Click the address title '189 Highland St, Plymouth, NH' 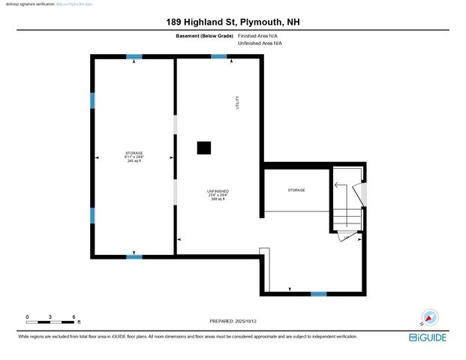[233, 22]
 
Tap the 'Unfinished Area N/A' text [260, 43]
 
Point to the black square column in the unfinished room [204, 148]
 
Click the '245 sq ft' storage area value [134, 161]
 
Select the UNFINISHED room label [218, 191]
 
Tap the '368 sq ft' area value [218, 199]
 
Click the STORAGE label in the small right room [296, 190]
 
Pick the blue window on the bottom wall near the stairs [319, 293]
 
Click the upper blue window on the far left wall [92, 100]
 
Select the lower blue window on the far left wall [92, 216]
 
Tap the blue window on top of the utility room [219, 56]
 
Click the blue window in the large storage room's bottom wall [134, 257]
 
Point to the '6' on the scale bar [74, 317]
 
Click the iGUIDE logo [428, 338]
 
